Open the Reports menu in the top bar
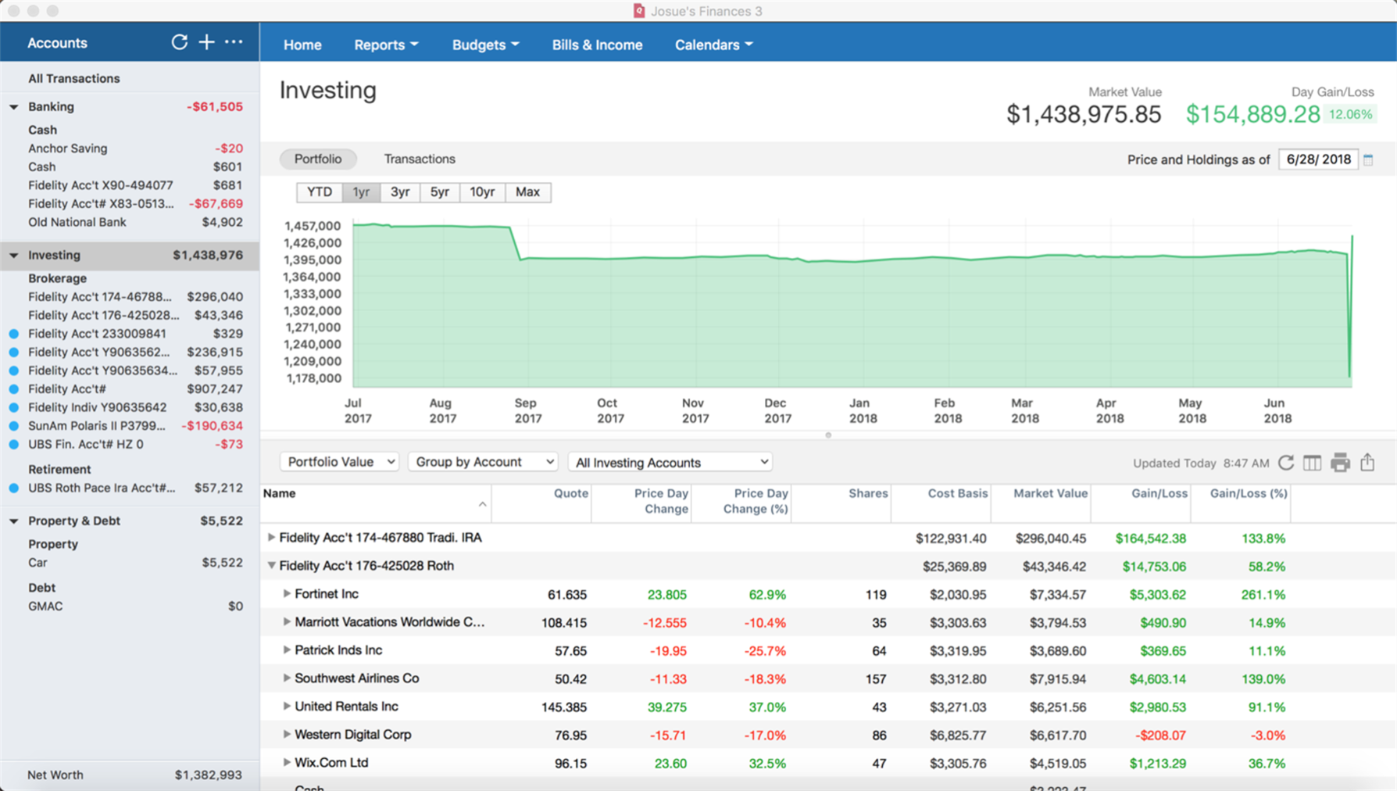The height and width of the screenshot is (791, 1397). tap(386, 45)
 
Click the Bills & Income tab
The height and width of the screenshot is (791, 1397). tap(597, 45)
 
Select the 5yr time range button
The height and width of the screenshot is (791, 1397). tap(439, 192)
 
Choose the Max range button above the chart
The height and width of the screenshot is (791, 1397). tap(527, 192)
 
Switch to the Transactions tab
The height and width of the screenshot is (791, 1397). tap(420, 159)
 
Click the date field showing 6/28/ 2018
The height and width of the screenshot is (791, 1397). tap(1318, 159)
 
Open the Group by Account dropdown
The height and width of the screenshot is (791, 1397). tap(483, 462)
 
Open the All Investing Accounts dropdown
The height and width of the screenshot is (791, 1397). tap(670, 463)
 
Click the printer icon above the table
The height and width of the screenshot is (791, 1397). tap(1340, 463)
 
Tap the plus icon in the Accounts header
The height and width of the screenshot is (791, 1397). tap(206, 42)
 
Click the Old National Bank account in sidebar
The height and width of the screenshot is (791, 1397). tap(77, 222)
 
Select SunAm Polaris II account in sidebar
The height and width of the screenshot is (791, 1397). tap(97, 426)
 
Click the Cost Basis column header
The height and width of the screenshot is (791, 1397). tap(957, 493)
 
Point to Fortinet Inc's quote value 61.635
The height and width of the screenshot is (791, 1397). tap(566, 595)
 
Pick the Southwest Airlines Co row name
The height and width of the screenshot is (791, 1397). tap(356, 678)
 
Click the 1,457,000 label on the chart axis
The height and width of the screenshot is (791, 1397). tap(313, 226)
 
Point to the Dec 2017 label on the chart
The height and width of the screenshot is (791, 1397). tap(776, 410)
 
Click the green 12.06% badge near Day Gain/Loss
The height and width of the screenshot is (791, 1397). tap(1349, 114)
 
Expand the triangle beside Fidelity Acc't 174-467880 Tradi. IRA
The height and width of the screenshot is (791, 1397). tap(271, 538)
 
